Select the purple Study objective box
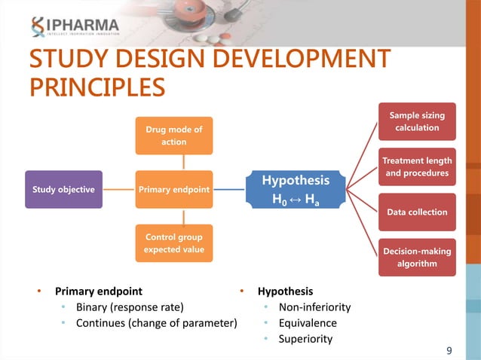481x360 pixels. point(63,190)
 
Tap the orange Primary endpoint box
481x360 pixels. point(174,190)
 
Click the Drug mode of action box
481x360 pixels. point(174,136)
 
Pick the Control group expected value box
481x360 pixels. point(174,243)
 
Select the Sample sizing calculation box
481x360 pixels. point(417,121)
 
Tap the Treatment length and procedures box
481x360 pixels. point(417,167)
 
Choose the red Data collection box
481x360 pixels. point(417,212)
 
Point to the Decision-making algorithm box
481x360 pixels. point(417,257)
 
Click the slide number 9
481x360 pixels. point(449,350)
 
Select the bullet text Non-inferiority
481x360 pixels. point(314,307)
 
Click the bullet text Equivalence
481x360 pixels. point(308,323)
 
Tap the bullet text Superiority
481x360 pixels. point(305,339)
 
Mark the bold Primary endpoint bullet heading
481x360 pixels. point(98,291)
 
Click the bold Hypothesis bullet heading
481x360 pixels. point(285,291)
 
